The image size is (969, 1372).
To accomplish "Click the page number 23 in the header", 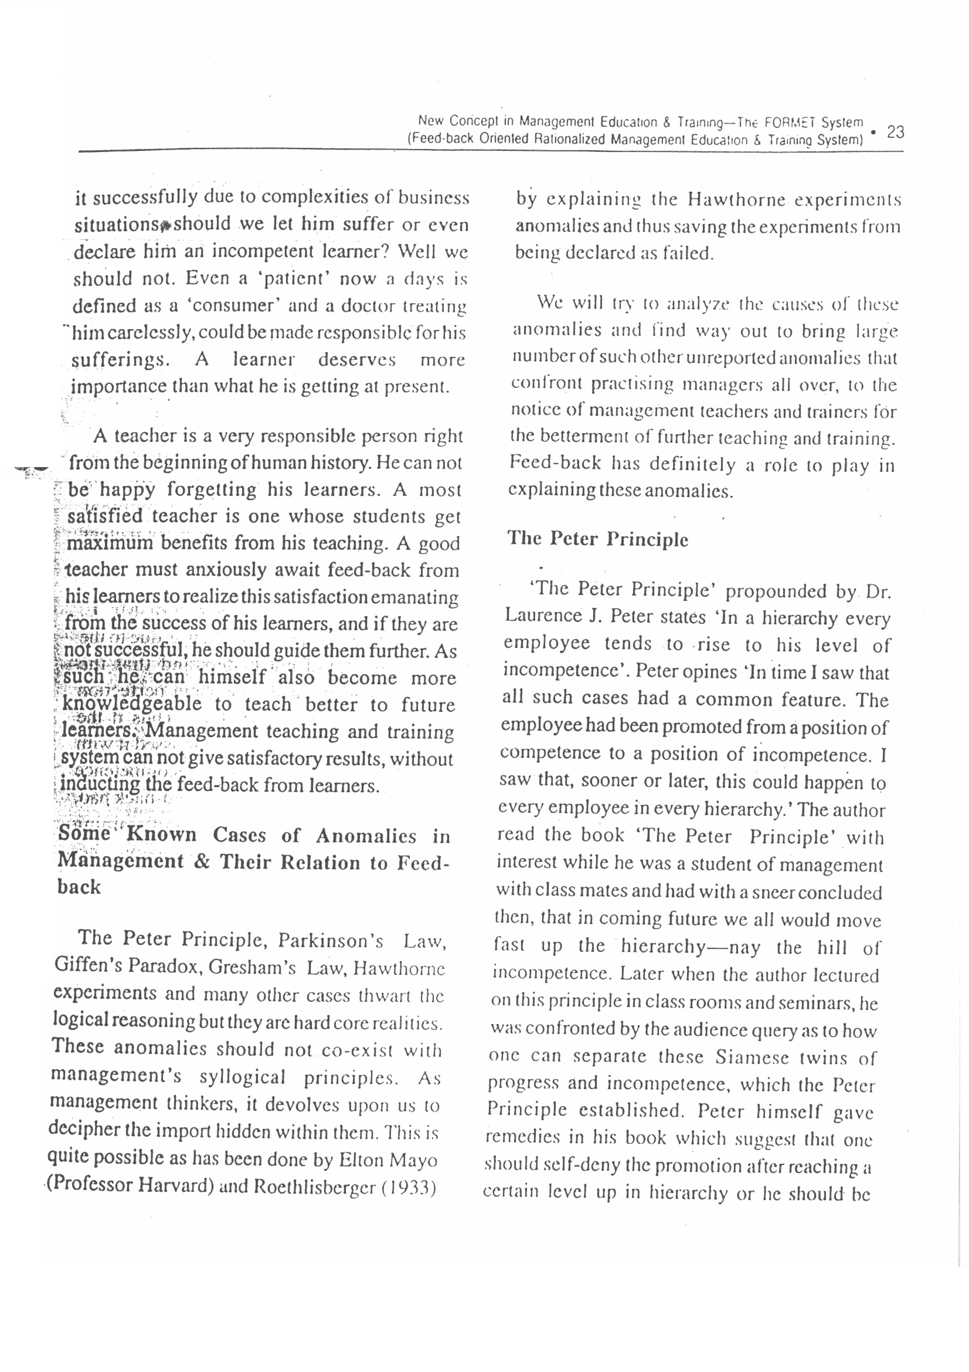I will (x=896, y=131).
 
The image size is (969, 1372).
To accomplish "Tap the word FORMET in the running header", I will (x=789, y=122).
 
